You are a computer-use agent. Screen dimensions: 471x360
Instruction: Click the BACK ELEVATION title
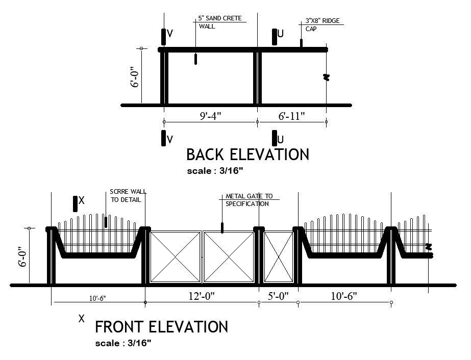[247, 154]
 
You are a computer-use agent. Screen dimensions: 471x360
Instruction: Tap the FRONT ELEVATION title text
[161, 326]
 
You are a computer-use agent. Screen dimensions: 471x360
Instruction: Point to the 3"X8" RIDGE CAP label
[321, 24]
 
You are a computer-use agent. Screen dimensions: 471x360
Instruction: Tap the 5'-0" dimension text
[279, 296]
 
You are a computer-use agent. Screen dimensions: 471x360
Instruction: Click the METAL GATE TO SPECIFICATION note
[249, 200]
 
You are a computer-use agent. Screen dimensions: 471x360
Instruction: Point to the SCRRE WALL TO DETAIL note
[128, 196]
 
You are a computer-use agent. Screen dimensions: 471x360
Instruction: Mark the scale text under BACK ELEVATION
[215, 171]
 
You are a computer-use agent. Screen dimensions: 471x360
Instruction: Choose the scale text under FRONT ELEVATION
[123, 343]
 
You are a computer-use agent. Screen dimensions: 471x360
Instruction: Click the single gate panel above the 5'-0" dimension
[278, 256]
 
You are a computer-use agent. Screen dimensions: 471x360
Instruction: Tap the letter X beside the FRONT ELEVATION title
[81, 319]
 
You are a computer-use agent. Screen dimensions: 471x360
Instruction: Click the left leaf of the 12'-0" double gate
[176, 256]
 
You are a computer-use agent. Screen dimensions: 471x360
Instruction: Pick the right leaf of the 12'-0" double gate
[229, 256]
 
